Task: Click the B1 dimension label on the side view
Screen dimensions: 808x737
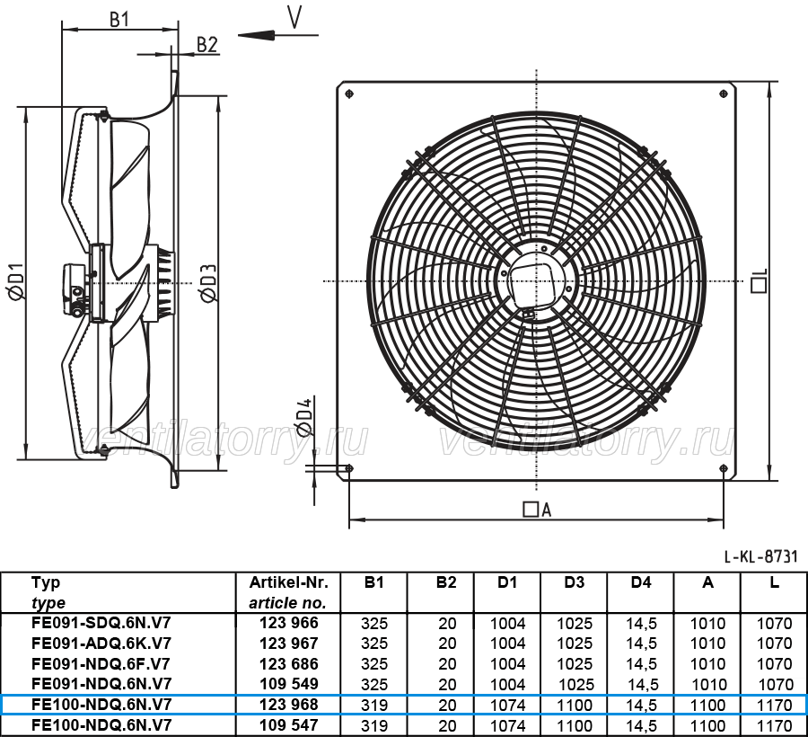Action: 119,20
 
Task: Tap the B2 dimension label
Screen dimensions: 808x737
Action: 207,45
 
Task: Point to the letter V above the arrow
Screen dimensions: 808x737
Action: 294,17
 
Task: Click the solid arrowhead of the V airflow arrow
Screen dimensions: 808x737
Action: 256,35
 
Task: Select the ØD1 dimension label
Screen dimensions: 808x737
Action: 16,281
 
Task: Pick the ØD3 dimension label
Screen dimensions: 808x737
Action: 208,283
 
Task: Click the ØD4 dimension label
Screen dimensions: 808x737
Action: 303,417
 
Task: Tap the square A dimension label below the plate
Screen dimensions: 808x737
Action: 537,510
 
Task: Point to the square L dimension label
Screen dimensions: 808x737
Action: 760,280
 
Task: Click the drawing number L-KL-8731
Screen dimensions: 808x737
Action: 760,556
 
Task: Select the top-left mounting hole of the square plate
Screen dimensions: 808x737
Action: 349,93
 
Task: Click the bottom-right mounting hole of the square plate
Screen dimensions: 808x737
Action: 724,468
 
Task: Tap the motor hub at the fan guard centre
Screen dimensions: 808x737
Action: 536,281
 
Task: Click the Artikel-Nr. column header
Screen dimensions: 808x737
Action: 288,582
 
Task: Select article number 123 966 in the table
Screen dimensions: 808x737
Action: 288,623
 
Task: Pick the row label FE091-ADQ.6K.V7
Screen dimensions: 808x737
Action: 101,644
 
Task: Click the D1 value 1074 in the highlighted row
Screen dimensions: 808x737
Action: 507,705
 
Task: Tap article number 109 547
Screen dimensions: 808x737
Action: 288,725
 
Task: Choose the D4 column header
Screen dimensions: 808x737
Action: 640,582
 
